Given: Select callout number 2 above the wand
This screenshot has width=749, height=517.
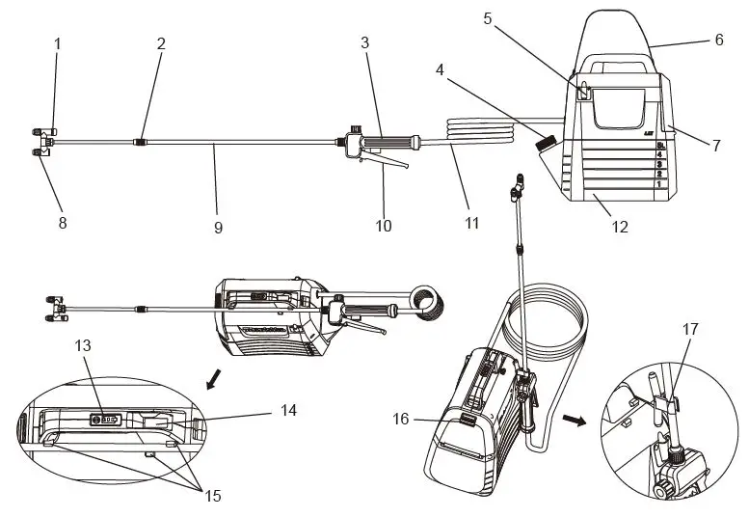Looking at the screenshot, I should click(x=161, y=43).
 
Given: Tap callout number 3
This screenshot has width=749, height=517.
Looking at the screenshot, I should click(x=364, y=43).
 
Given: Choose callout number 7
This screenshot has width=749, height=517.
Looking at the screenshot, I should click(x=716, y=146).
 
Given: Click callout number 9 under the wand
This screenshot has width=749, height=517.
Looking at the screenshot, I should click(x=218, y=228).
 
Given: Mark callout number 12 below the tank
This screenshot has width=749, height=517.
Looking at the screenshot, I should click(x=619, y=228).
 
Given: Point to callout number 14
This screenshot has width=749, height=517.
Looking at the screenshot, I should click(x=287, y=411).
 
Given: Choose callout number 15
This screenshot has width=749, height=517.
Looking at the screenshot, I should click(x=212, y=496).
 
